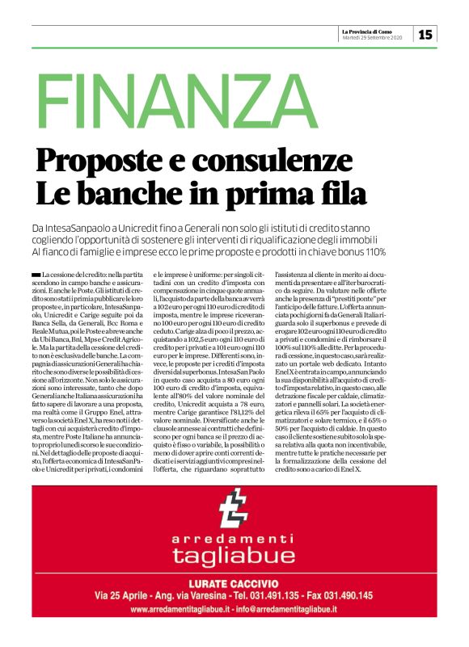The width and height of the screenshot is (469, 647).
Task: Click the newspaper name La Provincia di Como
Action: click(374, 31)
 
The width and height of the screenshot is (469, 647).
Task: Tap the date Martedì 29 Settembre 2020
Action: click(374, 38)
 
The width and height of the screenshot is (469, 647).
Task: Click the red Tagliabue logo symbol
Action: click(234, 512)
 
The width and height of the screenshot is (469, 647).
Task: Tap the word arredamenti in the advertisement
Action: click(234, 539)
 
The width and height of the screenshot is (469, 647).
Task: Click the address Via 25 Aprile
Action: click(122, 595)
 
